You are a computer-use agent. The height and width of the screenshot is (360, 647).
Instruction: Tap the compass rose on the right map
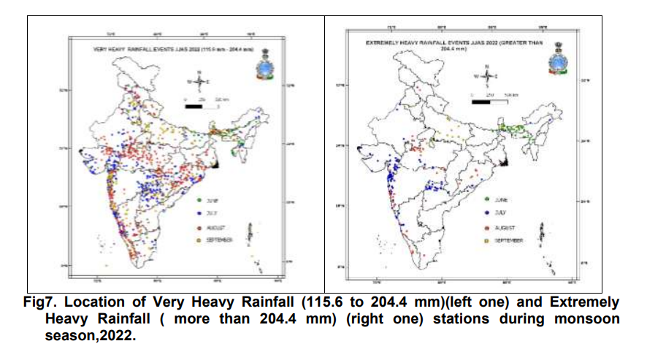pyautogui.click(x=486, y=76)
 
